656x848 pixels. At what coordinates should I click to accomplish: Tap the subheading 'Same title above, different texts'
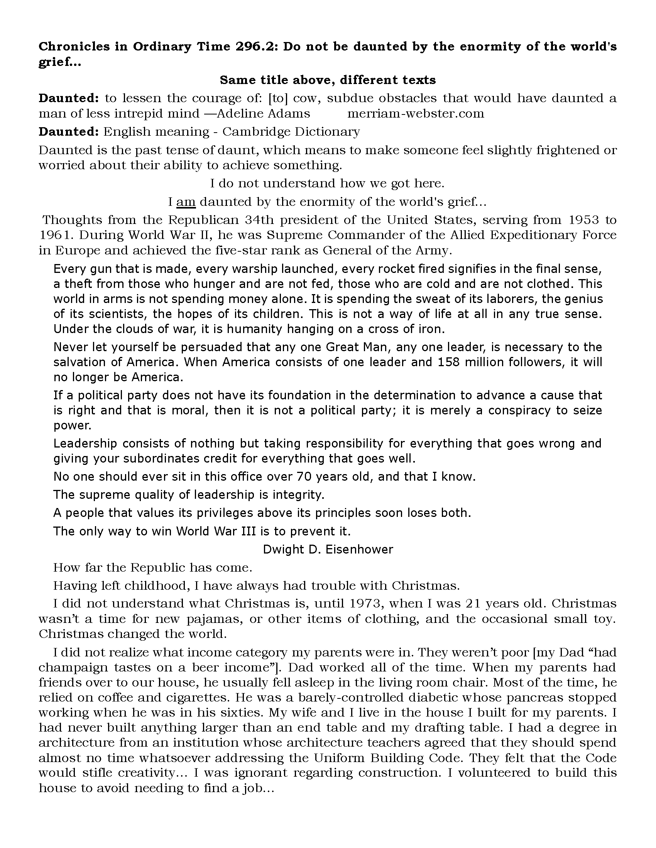(328, 80)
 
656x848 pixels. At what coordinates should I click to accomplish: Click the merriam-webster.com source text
(416, 113)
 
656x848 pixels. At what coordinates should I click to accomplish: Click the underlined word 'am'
(186, 202)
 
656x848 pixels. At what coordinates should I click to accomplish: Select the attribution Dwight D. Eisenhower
(328, 549)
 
